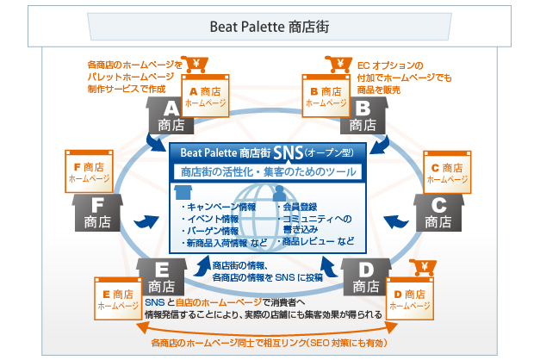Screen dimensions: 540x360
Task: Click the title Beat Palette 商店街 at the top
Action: point(270,27)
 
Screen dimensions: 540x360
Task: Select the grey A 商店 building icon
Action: point(170,115)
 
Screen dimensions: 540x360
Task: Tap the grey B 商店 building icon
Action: point(363,115)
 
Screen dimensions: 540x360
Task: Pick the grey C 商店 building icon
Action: point(438,213)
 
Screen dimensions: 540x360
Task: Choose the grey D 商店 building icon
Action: point(366,276)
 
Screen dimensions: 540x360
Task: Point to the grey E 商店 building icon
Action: point(162,276)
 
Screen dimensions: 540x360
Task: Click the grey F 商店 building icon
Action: point(97,213)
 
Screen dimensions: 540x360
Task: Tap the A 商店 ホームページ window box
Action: point(205,96)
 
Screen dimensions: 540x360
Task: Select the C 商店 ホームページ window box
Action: point(447,172)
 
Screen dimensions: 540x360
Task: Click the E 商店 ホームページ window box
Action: point(118,299)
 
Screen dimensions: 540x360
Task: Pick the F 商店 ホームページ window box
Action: point(90,171)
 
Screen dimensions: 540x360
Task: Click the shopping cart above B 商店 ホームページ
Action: point(338,65)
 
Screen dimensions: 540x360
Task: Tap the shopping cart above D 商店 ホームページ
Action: point(423,268)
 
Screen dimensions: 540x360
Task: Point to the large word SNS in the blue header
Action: point(289,152)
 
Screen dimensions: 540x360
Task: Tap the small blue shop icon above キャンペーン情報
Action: point(183,193)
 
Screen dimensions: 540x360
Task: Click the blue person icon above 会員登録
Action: point(279,193)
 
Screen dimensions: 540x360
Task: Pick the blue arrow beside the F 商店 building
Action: point(146,221)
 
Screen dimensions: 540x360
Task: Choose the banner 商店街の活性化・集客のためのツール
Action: point(269,172)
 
